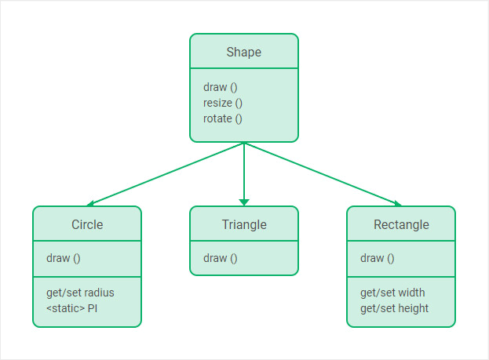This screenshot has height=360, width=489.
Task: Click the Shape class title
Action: (x=243, y=53)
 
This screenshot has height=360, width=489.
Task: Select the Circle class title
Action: (x=87, y=224)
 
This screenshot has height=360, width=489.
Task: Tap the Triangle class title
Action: (x=243, y=224)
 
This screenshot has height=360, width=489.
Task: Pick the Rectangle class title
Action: (x=400, y=224)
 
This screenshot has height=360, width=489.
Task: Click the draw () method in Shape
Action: (x=220, y=87)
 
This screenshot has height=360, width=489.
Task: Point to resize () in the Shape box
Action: (x=223, y=103)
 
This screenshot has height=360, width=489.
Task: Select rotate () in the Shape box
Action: (x=223, y=118)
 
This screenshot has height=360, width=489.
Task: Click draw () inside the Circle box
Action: (x=63, y=258)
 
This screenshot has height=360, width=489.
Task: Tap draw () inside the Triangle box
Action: (x=220, y=258)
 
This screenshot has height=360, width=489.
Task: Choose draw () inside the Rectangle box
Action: (x=377, y=258)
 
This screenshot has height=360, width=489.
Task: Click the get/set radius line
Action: (x=80, y=293)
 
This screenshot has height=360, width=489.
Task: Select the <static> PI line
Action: (x=71, y=308)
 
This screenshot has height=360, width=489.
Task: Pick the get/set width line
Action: (x=392, y=293)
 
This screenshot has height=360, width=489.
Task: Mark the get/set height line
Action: (x=394, y=308)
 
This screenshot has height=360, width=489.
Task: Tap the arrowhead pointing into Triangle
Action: (x=244, y=202)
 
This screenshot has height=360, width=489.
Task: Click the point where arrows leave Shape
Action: (x=244, y=143)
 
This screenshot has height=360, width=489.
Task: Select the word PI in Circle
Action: (x=92, y=308)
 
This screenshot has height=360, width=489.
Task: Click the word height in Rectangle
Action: (x=413, y=308)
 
